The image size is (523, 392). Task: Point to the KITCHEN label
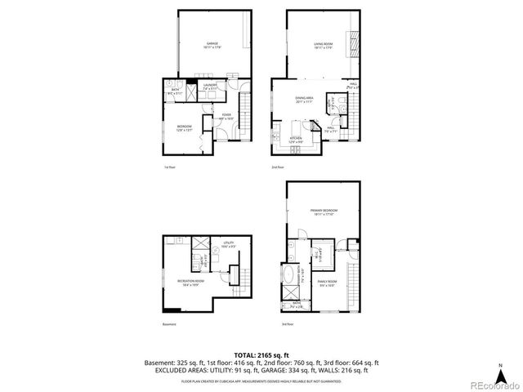(296, 140)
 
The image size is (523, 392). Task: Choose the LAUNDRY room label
(210, 86)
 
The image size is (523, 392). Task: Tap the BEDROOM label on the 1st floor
(185, 127)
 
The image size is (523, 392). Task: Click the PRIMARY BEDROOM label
(324, 212)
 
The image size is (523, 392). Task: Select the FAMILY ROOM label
(328, 283)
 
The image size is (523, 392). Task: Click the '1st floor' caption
(170, 167)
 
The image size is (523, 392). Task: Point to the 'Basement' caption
(168, 324)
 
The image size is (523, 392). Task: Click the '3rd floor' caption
(287, 324)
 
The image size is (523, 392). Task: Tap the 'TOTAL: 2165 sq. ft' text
(261, 355)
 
